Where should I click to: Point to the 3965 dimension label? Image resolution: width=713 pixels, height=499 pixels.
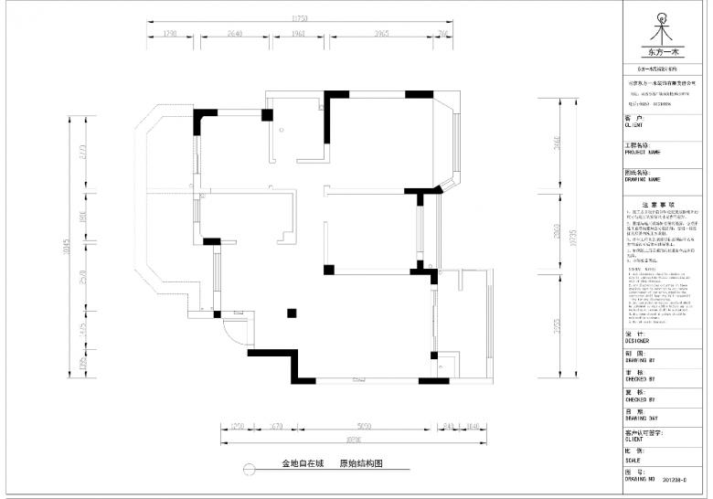[381, 33]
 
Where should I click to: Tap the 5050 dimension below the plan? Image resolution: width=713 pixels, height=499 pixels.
[364, 426]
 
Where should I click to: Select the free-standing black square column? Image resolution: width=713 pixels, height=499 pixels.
[292, 311]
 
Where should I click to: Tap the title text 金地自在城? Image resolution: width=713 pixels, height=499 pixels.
[303, 464]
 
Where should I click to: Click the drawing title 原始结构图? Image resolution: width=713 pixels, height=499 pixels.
[361, 464]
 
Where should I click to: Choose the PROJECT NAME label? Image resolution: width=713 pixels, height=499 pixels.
[644, 152]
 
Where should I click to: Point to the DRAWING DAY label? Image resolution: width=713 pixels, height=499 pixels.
[641, 418]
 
